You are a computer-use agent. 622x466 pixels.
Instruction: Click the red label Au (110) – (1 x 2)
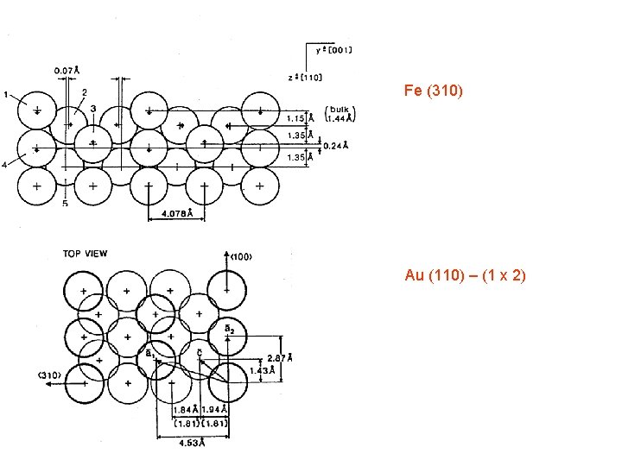465,275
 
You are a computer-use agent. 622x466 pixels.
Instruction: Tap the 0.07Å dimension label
67,70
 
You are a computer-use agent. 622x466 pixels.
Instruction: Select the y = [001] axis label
333,49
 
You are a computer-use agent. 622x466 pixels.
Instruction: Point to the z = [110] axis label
306,77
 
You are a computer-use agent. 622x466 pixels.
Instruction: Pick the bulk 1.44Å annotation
340,113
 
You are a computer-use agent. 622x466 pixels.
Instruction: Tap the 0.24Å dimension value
335,146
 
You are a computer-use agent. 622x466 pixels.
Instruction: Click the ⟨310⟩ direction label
49,375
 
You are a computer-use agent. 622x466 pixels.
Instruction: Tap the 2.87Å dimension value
279,356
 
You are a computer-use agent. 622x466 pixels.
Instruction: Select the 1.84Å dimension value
185,409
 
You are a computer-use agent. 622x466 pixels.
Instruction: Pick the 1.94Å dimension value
213,409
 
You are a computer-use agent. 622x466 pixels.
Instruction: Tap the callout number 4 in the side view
7,164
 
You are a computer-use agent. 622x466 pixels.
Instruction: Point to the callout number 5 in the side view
65,204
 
